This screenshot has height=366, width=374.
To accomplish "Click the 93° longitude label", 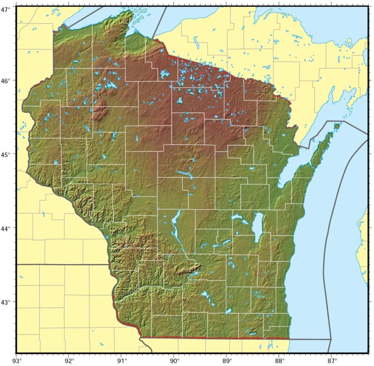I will [17, 360].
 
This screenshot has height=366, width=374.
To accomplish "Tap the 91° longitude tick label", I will [122, 360].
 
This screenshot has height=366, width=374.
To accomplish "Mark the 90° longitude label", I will [174, 360].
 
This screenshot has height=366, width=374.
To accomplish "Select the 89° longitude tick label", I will [227, 360].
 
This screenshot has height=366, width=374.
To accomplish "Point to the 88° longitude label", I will [280, 360].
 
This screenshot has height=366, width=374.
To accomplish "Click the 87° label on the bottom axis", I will [332, 360].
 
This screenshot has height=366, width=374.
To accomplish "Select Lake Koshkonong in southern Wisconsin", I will [229, 311].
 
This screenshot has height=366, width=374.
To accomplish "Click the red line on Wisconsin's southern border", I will [215, 338].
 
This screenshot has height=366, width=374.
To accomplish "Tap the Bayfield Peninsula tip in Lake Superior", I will [129, 12].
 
